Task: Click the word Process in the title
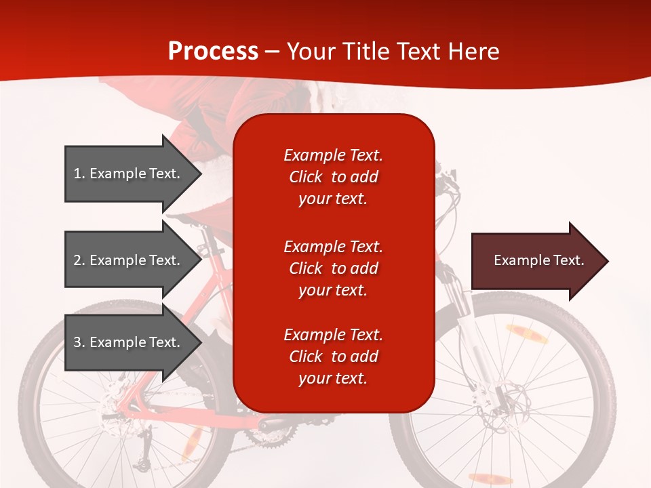pos(213,52)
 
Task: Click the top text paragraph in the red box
pos(333,177)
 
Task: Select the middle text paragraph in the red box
pos(333,268)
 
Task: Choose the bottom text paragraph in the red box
pos(333,357)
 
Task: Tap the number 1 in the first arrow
pos(77,174)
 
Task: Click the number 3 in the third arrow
pos(77,342)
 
